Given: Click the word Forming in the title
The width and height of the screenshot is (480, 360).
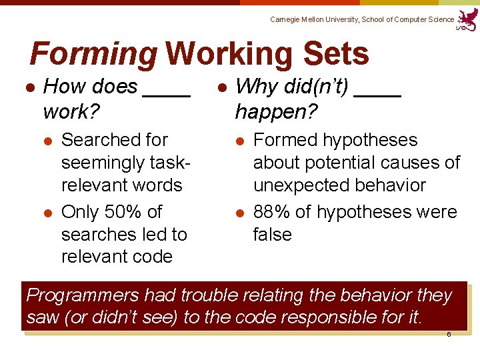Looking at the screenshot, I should tap(94, 55).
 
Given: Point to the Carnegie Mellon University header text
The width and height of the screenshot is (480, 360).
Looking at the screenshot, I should tap(362, 20).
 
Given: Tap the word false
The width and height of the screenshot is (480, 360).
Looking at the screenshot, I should tap(272, 235).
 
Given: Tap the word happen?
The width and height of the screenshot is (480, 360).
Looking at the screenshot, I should tap(267, 111).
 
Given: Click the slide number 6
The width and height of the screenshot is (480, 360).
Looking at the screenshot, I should tap(449, 334).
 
